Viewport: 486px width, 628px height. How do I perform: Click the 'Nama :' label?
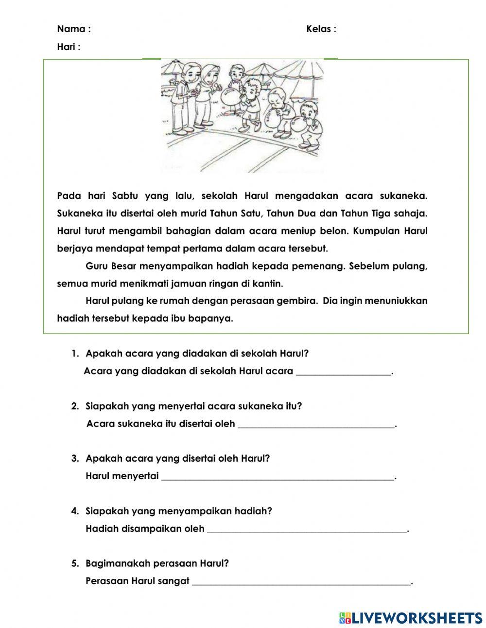point(74,29)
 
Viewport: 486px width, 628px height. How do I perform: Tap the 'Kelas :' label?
point(321,29)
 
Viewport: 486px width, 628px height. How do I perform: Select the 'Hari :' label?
point(69,47)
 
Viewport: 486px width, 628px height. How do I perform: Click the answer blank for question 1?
point(343,372)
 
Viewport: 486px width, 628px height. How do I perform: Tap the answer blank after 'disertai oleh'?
point(316,425)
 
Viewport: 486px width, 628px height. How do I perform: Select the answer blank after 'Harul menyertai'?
point(278,477)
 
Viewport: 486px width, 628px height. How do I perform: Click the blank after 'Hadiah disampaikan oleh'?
point(307,529)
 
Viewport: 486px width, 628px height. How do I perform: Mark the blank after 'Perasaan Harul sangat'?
point(301,582)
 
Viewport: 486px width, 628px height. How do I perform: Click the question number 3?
point(75,458)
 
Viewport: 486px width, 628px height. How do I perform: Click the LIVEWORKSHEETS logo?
point(411,617)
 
